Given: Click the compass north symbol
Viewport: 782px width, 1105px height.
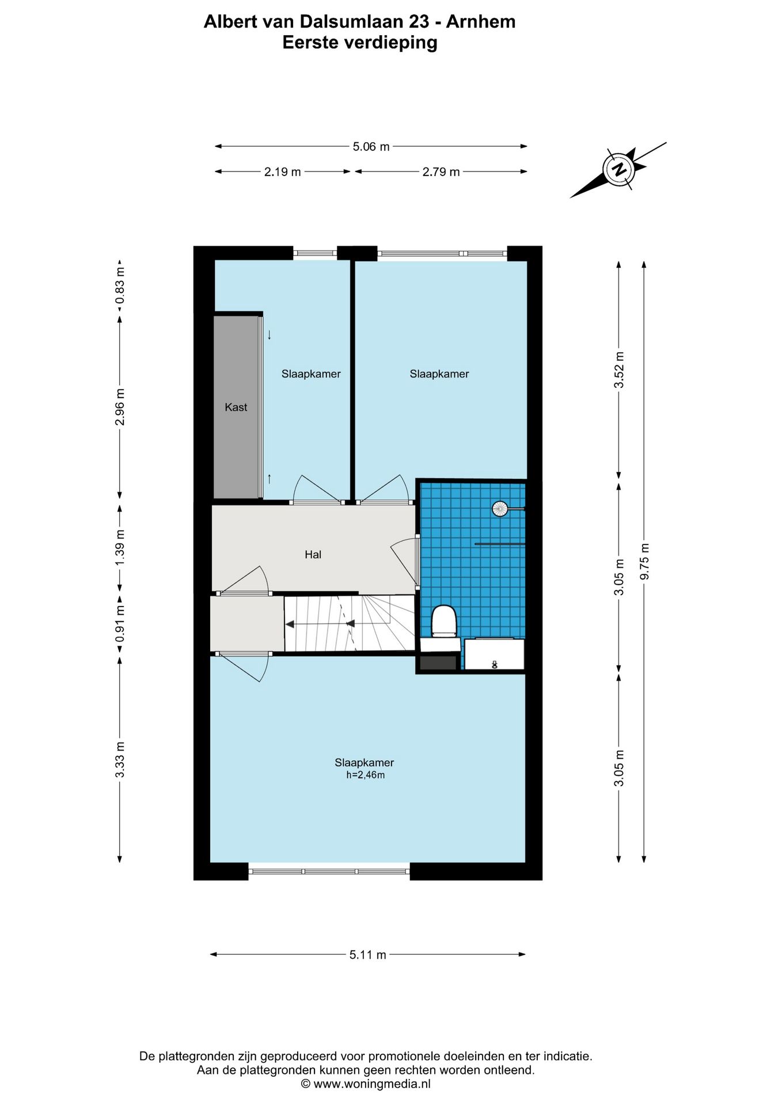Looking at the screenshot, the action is pos(619,170).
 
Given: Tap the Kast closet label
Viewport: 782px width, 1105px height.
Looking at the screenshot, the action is pos(236,407).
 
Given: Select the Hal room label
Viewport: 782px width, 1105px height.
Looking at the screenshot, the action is pos(313,555).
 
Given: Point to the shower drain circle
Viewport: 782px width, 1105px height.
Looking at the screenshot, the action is pos(499,508).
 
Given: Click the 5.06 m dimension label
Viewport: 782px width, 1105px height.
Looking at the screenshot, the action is pos(371,147).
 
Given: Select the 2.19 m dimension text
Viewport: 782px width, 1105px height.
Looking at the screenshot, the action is pos(283,172).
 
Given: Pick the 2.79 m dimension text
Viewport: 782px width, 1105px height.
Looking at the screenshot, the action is pos(441,172).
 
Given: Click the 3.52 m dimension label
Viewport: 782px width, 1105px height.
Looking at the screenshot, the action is pos(620,369).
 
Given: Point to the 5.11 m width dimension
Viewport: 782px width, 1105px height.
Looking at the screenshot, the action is pos(368,955).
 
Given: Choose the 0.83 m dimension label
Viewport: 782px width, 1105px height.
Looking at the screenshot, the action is pos(120,285).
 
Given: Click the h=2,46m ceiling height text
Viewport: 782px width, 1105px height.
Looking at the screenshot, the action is pos(365,775).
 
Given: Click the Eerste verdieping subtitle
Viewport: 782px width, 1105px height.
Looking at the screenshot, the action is pos(360,43).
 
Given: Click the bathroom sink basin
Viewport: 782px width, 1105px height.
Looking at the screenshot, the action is pos(494,654).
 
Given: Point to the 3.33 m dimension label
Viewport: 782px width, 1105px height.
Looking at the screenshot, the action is pos(120,759).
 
